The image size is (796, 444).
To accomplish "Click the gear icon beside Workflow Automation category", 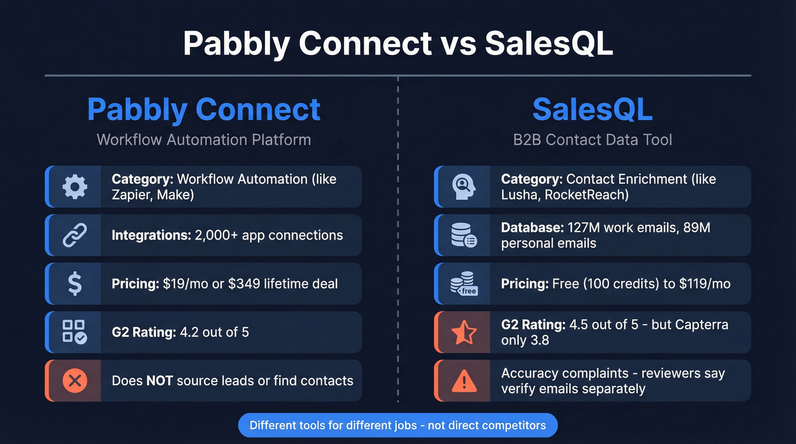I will pyautogui.click(x=74, y=187).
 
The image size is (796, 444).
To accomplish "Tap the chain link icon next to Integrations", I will pyautogui.click(x=74, y=235).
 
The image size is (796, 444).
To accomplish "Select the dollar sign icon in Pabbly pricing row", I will pyautogui.click(x=74, y=284).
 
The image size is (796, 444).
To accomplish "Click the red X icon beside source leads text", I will pyautogui.click(x=74, y=381).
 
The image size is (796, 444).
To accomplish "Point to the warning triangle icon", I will pyautogui.click(x=463, y=381).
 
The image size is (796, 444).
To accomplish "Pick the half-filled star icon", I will pyautogui.click(x=463, y=332).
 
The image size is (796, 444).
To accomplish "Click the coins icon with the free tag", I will pyautogui.click(x=463, y=284).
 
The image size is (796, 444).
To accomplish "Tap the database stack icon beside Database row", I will pyautogui.click(x=463, y=235).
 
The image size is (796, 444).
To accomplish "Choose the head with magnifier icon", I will pyautogui.click(x=463, y=187).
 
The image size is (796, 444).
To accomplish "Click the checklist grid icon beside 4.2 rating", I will pyautogui.click(x=74, y=332).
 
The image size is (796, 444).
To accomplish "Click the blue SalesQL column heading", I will pyautogui.click(x=592, y=110).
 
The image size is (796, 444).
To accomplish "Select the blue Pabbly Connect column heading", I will pyautogui.click(x=204, y=110).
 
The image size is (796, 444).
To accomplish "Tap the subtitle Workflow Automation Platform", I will pyautogui.click(x=204, y=140).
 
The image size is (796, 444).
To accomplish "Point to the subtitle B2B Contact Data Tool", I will pyautogui.click(x=592, y=140).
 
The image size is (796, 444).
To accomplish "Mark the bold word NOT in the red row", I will pyautogui.click(x=159, y=381).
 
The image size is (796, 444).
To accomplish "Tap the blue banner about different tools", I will pyautogui.click(x=397, y=425).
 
